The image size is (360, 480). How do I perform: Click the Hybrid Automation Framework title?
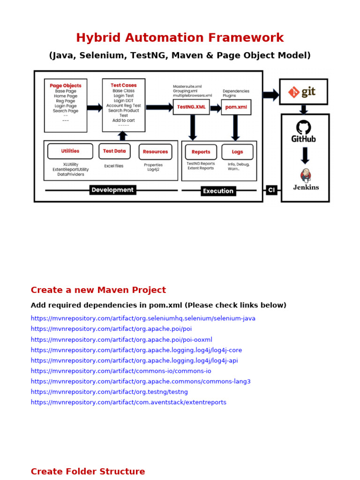(180, 38)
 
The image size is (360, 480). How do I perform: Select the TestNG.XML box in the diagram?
(191, 107)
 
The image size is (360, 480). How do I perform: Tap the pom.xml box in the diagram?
(236, 107)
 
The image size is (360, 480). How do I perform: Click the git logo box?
(303, 92)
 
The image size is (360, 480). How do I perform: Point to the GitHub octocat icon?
(303, 127)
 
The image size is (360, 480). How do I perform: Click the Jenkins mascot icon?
(306, 175)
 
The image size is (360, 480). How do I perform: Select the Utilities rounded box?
(70, 151)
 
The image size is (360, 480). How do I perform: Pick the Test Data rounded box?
(114, 151)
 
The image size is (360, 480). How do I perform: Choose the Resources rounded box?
(155, 152)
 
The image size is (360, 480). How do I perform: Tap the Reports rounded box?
(201, 152)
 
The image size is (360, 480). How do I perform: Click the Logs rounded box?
(237, 152)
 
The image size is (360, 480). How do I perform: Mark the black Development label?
(112, 190)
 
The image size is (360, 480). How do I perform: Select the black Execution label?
(218, 191)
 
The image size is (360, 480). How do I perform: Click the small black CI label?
(271, 190)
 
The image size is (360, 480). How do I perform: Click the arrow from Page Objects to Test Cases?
(94, 108)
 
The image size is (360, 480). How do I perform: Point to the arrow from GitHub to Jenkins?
(305, 155)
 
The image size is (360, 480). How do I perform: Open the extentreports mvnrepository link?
(128, 402)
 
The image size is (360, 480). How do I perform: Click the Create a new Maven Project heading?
(98, 290)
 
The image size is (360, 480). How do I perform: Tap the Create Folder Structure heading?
(88, 472)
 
